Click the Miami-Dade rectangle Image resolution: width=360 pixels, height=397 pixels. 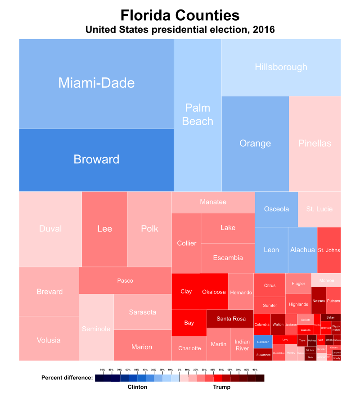96,83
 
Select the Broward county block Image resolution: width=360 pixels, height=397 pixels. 96,160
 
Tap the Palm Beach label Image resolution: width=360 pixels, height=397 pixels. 198,115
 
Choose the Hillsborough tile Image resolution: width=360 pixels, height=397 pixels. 281,67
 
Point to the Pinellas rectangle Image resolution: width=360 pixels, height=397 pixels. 315,144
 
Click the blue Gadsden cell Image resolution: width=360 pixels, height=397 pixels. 263,342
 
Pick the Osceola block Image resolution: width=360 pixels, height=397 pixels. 276,209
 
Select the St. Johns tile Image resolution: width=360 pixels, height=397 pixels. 329,250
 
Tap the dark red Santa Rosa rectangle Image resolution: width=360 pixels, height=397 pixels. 231,319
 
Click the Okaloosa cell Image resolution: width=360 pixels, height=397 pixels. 214,292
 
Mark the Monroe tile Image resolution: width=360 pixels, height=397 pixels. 326,280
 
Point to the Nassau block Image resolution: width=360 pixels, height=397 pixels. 319,300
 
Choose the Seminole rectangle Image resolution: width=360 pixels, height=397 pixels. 96,329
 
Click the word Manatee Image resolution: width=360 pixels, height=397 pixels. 213,202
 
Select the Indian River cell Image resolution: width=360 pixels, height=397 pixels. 242,345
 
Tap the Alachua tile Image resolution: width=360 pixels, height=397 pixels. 302,250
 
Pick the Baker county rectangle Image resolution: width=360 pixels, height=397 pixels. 331,317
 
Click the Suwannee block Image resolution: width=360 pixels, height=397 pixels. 263,355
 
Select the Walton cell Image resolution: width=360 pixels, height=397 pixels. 278,325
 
